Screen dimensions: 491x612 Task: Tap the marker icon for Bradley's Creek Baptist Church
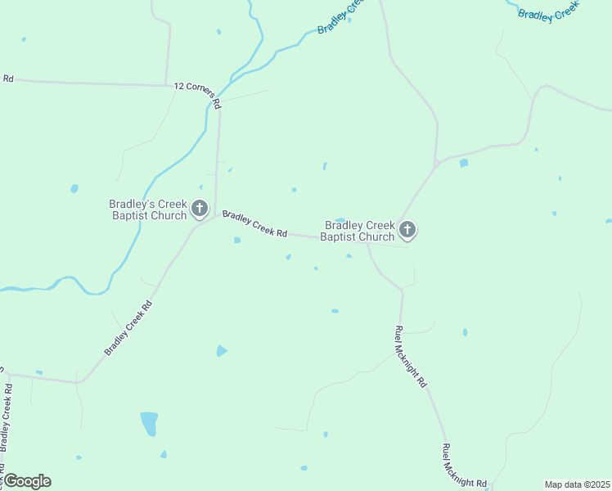point(200,209)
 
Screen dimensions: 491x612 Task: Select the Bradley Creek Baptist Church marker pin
point(407,231)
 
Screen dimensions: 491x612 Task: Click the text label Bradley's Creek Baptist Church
point(148,209)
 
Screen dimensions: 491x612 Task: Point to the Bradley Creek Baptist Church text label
point(358,231)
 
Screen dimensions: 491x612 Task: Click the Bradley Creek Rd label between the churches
point(254,223)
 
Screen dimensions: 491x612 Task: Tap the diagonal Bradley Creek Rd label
point(128,327)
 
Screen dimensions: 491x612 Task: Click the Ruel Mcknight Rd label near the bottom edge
point(464,466)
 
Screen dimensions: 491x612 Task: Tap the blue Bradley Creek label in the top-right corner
point(548,12)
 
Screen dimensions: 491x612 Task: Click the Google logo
point(27,481)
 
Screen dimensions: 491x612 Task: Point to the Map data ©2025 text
point(577,484)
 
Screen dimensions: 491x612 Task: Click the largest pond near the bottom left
point(149,423)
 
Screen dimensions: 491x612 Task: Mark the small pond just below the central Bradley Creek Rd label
point(237,240)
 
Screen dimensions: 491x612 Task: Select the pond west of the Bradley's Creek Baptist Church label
point(74,188)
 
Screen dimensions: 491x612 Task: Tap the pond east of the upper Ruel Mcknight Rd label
point(465,332)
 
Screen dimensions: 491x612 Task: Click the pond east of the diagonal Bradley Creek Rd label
point(221,351)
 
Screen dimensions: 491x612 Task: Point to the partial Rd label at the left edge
point(8,79)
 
